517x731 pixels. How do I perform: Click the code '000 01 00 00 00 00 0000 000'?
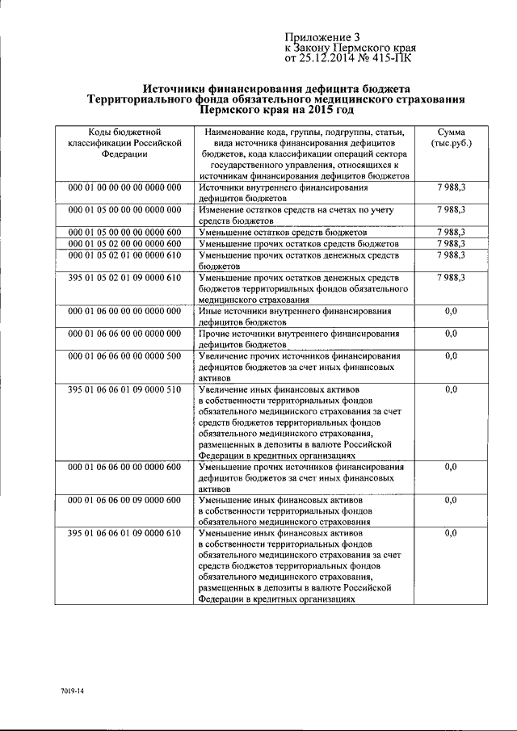pyautogui.click(x=124, y=187)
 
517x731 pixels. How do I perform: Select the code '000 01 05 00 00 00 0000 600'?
pyautogui.click(x=124, y=232)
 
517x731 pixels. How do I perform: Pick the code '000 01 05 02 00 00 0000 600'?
pyautogui.click(x=124, y=243)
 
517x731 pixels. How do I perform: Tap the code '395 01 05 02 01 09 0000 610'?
pyautogui.click(x=124, y=277)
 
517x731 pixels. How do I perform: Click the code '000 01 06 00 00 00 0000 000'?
pyautogui.click(x=124, y=310)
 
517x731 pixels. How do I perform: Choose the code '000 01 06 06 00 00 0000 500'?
pyautogui.click(x=124, y=355)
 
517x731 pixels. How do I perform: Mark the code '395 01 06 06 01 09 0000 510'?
pyautogui.click(x=124, y=389)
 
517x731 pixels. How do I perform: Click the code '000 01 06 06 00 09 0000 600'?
pyautogui.click(x=124, y=501)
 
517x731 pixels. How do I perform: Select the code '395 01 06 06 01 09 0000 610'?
pyautogui.click(x=124, y=534)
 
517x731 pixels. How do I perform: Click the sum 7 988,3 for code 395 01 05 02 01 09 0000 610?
pyautogui.click(x=451, y=277)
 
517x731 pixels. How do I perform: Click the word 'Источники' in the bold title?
pyautogui.click(x=179, y=87)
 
